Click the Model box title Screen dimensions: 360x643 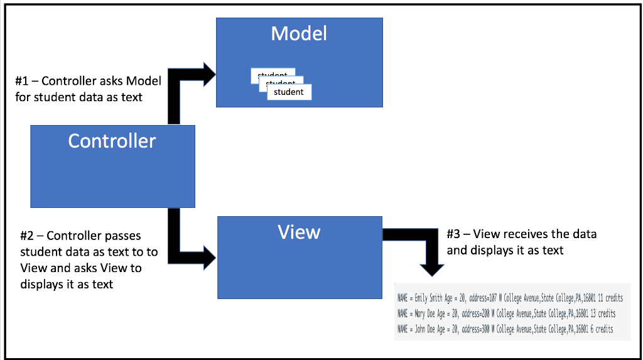click(x=299, y=33)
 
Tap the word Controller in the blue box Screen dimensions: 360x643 click(x=112, y=141)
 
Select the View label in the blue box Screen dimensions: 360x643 click(x=299, y=232)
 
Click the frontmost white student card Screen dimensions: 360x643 click(x=289, y=92)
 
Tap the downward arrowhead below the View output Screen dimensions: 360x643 click(x=431, y=269)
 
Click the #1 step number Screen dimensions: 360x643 click(x=22, y=81)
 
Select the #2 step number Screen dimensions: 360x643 click(x=26, y=236)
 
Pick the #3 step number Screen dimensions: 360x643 click(x=453, y=234)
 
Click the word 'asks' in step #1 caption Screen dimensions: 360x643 click(x=112, y=81)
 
